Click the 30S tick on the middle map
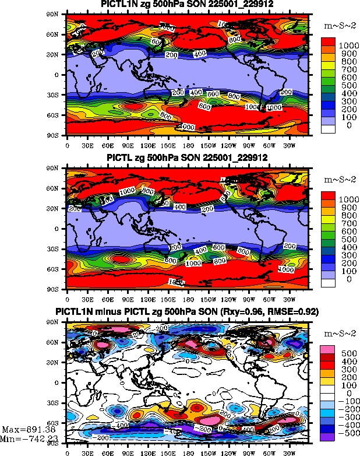pos(58,249)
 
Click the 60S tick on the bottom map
pos(58,423)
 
